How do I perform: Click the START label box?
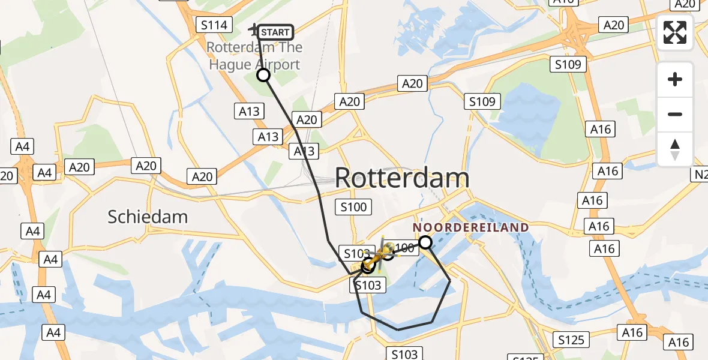pyautogui.click(x=275, y=32)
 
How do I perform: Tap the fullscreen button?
pyautogui.click(x=675, y=32)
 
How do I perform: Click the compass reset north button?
pyautogui.click(x=675, y=149)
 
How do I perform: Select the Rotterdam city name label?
pyautogui.click(x=401, y=178)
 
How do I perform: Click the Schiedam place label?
pyautogui.click(x=148, y=217)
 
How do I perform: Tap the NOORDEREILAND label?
pyautogui.click(x=470, y=227)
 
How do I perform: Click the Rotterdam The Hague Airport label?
pyautogui.click(x=254, y=56)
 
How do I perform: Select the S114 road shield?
pyautogui.click(x=214, y=25)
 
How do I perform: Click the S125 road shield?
pyautogui.click(x=571, y=340)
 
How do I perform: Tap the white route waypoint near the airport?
pyautogui.click(x=263, y=75)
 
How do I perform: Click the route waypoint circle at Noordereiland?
pyautogui.click(x=425, y=242)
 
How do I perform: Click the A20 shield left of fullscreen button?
pyautogui.click(x=613, y=25)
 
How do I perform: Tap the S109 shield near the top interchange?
pyautogui.click(x=568, y=64)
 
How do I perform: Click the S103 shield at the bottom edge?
pyautogui.click(x=404, y=354)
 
